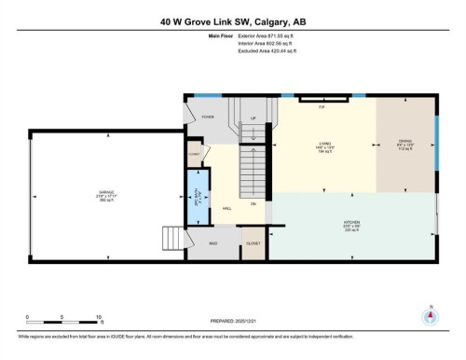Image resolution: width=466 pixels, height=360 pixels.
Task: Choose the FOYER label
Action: [x=208, y=118]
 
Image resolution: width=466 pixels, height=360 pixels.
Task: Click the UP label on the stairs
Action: [x=254, y=118]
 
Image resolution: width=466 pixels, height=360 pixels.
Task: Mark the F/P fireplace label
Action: [x=322, y=108]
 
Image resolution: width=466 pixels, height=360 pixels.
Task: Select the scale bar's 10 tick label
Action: [x=97, y=318]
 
